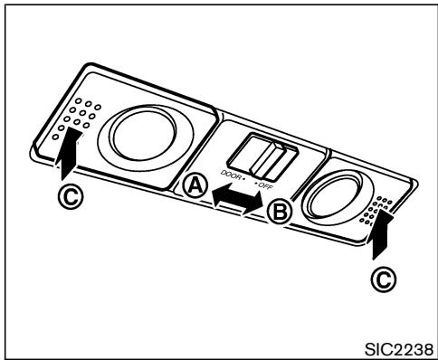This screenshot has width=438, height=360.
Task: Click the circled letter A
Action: tap(194, 186)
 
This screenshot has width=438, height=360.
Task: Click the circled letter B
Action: tap(280, 212)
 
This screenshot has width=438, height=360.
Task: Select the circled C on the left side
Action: tap(57, 196)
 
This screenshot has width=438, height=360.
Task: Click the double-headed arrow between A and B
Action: tap(237, 198)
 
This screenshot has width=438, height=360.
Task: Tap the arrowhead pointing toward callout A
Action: tap(216, 192)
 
